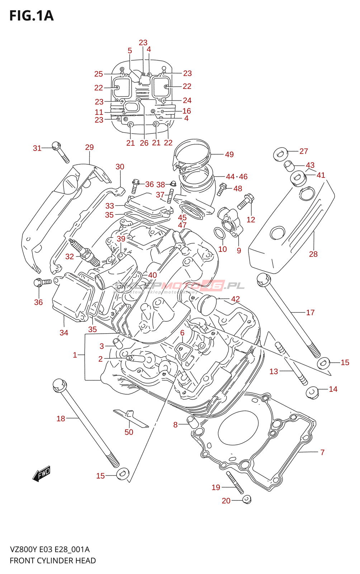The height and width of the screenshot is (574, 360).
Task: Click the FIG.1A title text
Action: point(32,16)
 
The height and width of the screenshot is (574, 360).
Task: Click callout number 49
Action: point(229,154)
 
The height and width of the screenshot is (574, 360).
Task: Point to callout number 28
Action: point(313,254)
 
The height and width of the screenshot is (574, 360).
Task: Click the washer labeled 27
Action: point(280,154)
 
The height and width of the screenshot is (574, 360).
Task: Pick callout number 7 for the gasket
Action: point(322,452)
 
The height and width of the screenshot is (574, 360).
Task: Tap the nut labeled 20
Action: point(246,499)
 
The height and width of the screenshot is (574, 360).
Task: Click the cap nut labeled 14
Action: point(312,392)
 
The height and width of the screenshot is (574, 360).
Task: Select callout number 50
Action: point(129,432)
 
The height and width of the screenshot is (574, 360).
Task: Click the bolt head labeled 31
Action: point(56,146)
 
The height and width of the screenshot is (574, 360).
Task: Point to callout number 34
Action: point(64,333)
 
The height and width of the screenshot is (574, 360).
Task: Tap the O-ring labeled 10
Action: point(220,233)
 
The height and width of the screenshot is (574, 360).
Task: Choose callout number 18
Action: point(61,418)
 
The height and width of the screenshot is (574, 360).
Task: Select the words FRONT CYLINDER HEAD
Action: point(53,560)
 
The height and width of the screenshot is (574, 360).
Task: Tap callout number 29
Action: point(89,147)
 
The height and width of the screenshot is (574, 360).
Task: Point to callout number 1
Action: point(75,355)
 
